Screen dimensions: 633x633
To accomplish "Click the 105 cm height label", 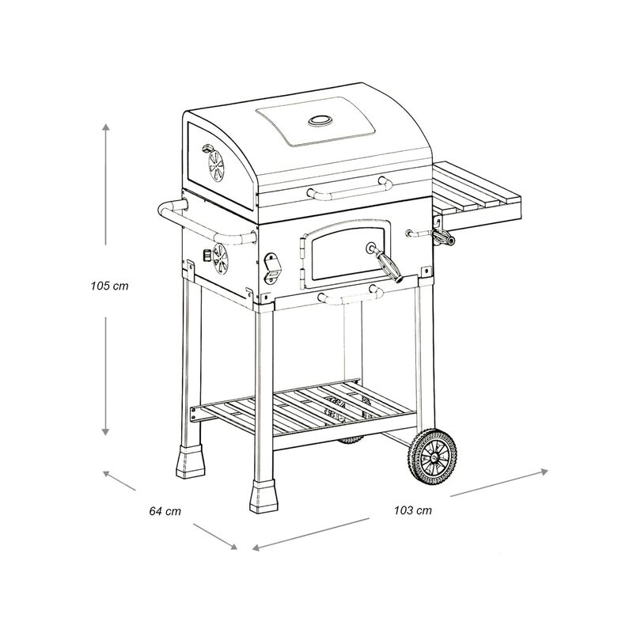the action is pos(109,286).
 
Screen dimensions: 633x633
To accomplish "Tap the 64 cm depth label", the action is pos(165,511).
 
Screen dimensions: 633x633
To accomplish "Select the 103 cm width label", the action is pos(413,510).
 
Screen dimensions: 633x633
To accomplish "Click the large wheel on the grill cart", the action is pos(433,457).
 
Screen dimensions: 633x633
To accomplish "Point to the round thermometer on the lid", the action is pos(320,120).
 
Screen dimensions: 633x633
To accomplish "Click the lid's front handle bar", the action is pos(350,188).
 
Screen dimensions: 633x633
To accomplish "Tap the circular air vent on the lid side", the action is pos(216,165).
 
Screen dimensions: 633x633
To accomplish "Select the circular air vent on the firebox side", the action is pos(221,259).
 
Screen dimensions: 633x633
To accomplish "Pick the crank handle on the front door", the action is pos(385,262).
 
